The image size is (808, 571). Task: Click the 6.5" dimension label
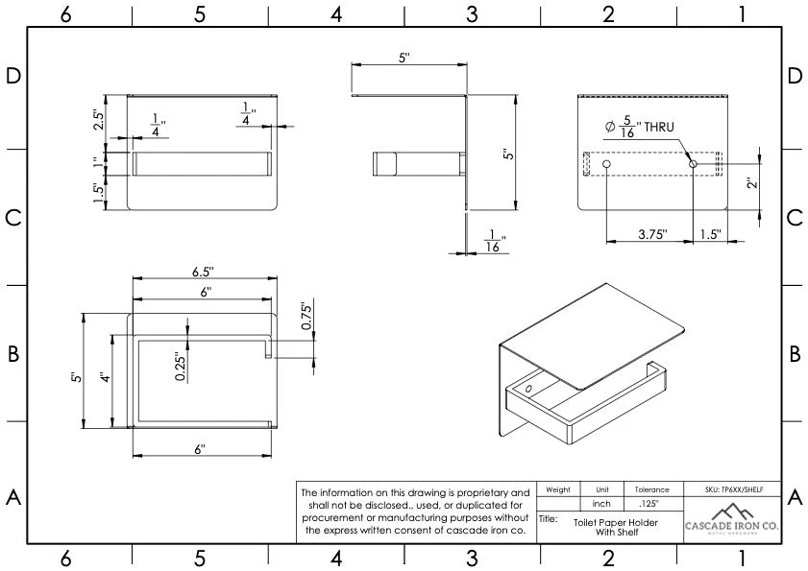coord(204,271)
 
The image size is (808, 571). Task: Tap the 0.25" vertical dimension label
coord(182,365)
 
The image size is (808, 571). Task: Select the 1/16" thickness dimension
coord(494,240)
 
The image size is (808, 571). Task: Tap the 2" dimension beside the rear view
coord(751,178)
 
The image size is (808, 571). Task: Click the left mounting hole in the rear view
coord(606,165)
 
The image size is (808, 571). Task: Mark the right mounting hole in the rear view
coord(693,165)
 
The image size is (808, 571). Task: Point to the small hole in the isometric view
coord(527,389)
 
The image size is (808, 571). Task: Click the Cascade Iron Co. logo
coord(732,520)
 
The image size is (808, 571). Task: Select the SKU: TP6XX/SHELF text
coord(732,489)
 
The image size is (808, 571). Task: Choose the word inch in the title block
coord(602,504)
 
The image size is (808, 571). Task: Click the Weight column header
coord(558,489)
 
